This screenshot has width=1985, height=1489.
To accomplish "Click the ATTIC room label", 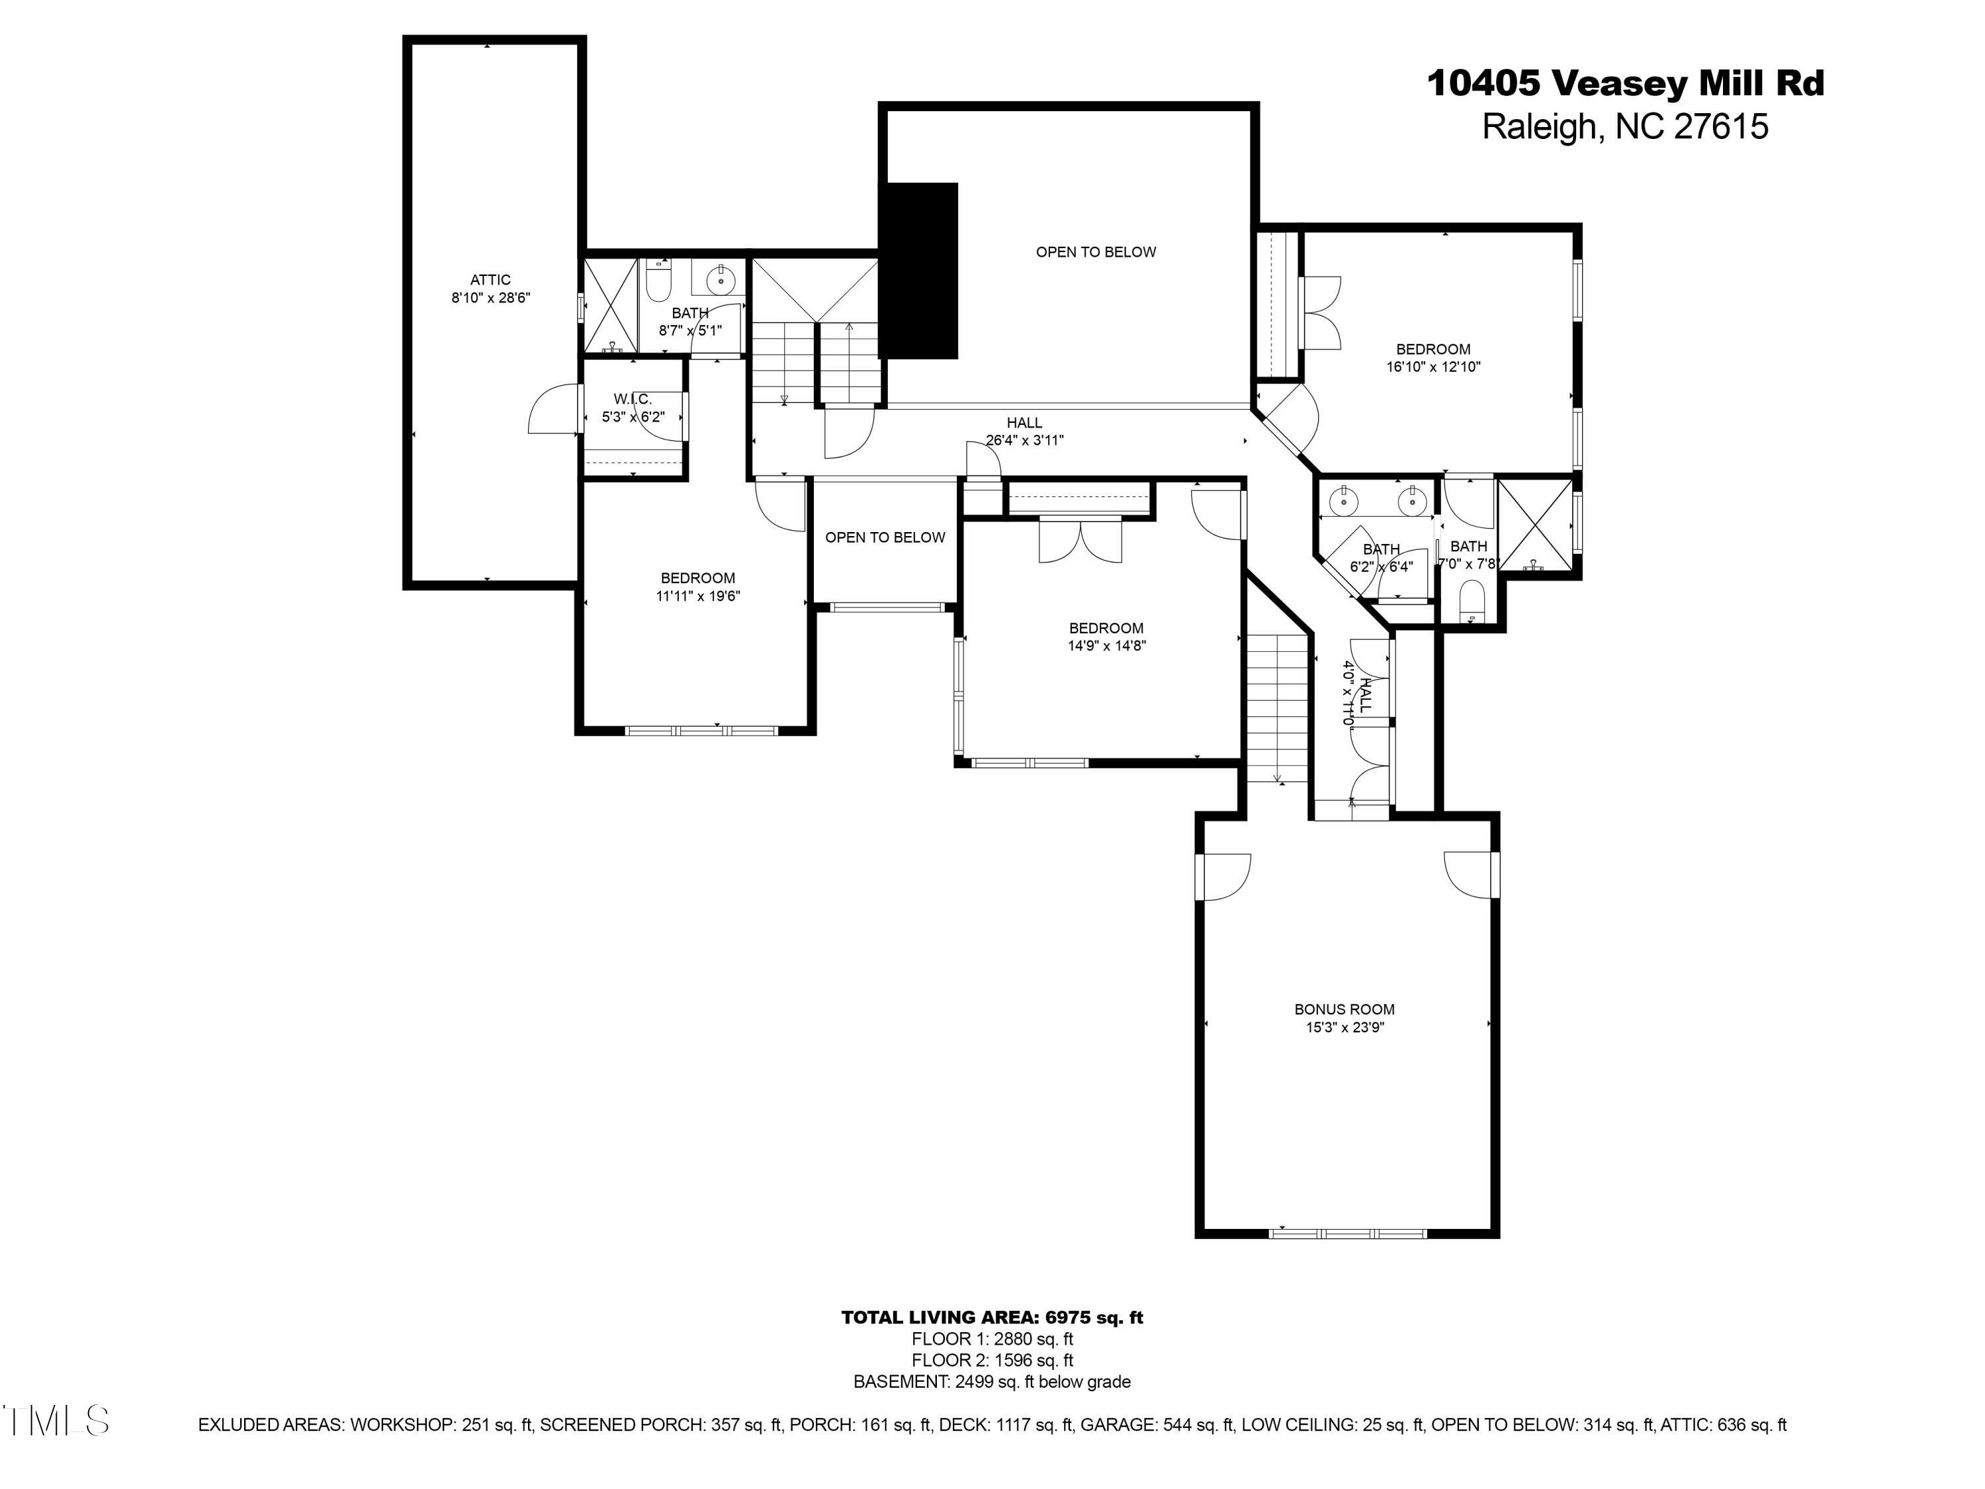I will [490, 280].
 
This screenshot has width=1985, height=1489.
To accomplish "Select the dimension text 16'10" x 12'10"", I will [1433, 366].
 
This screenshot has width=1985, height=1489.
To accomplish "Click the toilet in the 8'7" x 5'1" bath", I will [658, 284].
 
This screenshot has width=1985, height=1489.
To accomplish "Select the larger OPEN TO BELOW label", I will [1095, 252].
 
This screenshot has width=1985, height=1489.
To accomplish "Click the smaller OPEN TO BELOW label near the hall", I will [884, 537].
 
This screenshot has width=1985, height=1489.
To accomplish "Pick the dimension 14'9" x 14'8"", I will [1106, 645].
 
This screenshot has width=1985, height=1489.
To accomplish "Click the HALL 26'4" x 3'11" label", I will [1024, 431].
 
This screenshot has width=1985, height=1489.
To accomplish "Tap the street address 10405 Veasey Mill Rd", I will [1625, 83].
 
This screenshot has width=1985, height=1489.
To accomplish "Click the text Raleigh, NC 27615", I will [1624, 126].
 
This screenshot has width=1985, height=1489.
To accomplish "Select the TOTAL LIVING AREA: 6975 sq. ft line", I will [992, 1318].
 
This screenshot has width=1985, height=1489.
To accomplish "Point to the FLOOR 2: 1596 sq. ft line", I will [992, 1360].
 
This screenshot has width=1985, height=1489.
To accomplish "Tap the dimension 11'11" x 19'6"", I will [697, 596].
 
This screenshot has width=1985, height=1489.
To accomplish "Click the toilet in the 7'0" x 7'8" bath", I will [1472, 600].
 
